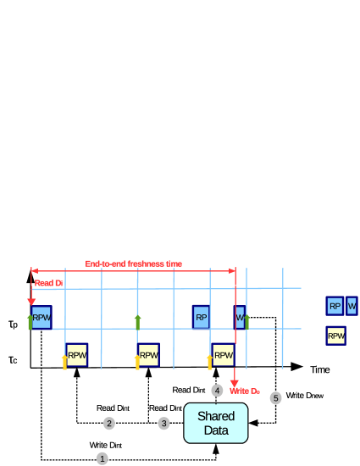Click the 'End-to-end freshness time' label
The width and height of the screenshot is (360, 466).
pyautogui.click(x=133, y=264)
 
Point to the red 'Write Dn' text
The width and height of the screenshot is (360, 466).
pyautogui.click(x=244, y=391)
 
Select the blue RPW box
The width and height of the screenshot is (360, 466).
pyautogui.click(x=42, y=317)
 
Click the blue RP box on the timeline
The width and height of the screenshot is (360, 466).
pyautogui.click(x=201, y=318)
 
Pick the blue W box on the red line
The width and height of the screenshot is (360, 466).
pyautogui.click(x=240, y=318)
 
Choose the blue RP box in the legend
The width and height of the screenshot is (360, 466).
pyautogui.click(x=335, y=306)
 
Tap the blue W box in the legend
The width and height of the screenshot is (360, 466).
pyautogui.click(x=352, y=306)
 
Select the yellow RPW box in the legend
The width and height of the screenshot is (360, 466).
pyautogui.click(x=336, y=336)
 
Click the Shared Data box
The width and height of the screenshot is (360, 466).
pyautogui.click(x=216, y=423)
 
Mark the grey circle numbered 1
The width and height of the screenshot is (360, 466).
pyautogui.click(x=102, y=458)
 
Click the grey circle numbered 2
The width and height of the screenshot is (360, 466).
pyautogui.click(x=109, y=423)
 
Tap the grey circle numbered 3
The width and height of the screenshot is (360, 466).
pyautogui.click(x=163, y=423)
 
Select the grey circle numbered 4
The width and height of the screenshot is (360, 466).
pyautogui.click(x=218, y=391)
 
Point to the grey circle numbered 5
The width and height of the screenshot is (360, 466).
pyautogui.click(x=275, y=397)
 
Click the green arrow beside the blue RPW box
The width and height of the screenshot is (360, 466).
pyautogui.click(x=30, y=321)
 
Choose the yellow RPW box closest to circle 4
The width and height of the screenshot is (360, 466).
pyautogui.click(x=223, y=354)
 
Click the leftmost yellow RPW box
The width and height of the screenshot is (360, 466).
pyautogui.click(x=77, y=354)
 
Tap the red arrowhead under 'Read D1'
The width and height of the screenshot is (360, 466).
pyautogui.click(x=31, y=301)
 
